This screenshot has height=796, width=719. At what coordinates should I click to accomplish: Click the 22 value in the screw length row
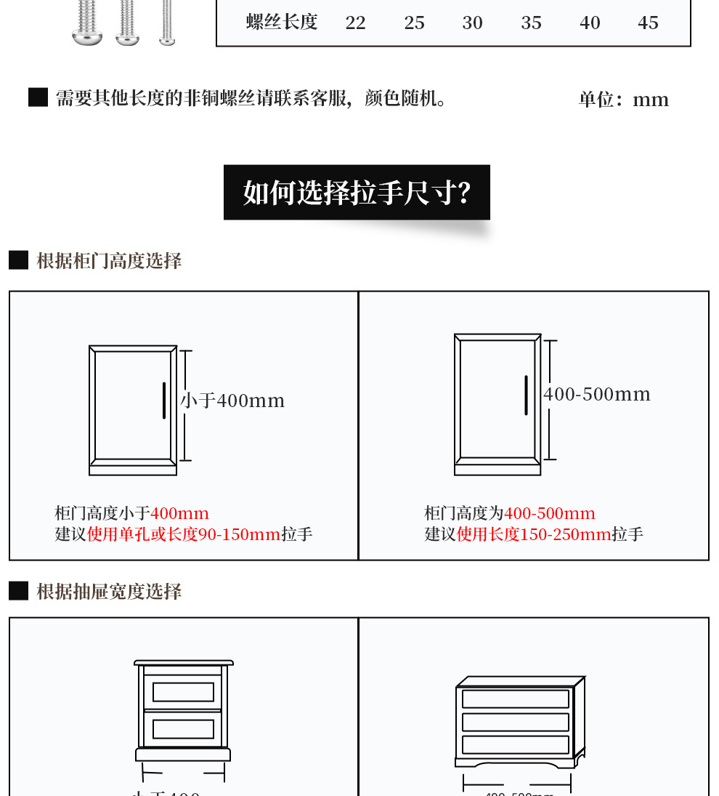355,23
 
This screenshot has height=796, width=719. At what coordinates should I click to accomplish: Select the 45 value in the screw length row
648,23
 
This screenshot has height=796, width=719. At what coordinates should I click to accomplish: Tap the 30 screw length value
472,23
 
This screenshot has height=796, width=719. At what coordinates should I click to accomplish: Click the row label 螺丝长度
282,22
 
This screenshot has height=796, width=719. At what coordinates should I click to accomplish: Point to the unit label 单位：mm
623,100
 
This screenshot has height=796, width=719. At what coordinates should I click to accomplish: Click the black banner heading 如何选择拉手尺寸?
357,193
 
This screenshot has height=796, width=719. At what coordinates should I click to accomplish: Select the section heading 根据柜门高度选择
109,261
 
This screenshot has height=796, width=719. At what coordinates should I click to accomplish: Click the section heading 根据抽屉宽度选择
109,592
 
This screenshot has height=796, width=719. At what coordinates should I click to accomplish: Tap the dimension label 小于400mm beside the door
232,401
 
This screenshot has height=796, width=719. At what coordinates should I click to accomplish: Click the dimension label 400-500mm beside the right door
597,394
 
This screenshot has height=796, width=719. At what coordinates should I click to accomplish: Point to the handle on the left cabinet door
164,401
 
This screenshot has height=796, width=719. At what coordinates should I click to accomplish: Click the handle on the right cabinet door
526,395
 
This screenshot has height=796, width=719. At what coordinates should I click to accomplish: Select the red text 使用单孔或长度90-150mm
184,535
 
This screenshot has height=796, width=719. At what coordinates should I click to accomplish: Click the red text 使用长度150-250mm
534,535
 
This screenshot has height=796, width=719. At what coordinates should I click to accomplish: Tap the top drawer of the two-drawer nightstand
183,691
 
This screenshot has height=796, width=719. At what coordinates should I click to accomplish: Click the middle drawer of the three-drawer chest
516,722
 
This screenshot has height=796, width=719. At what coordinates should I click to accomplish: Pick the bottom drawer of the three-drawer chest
516,744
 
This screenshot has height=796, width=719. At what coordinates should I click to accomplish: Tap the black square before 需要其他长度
38,97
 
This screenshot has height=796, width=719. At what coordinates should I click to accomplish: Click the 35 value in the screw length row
531,23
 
